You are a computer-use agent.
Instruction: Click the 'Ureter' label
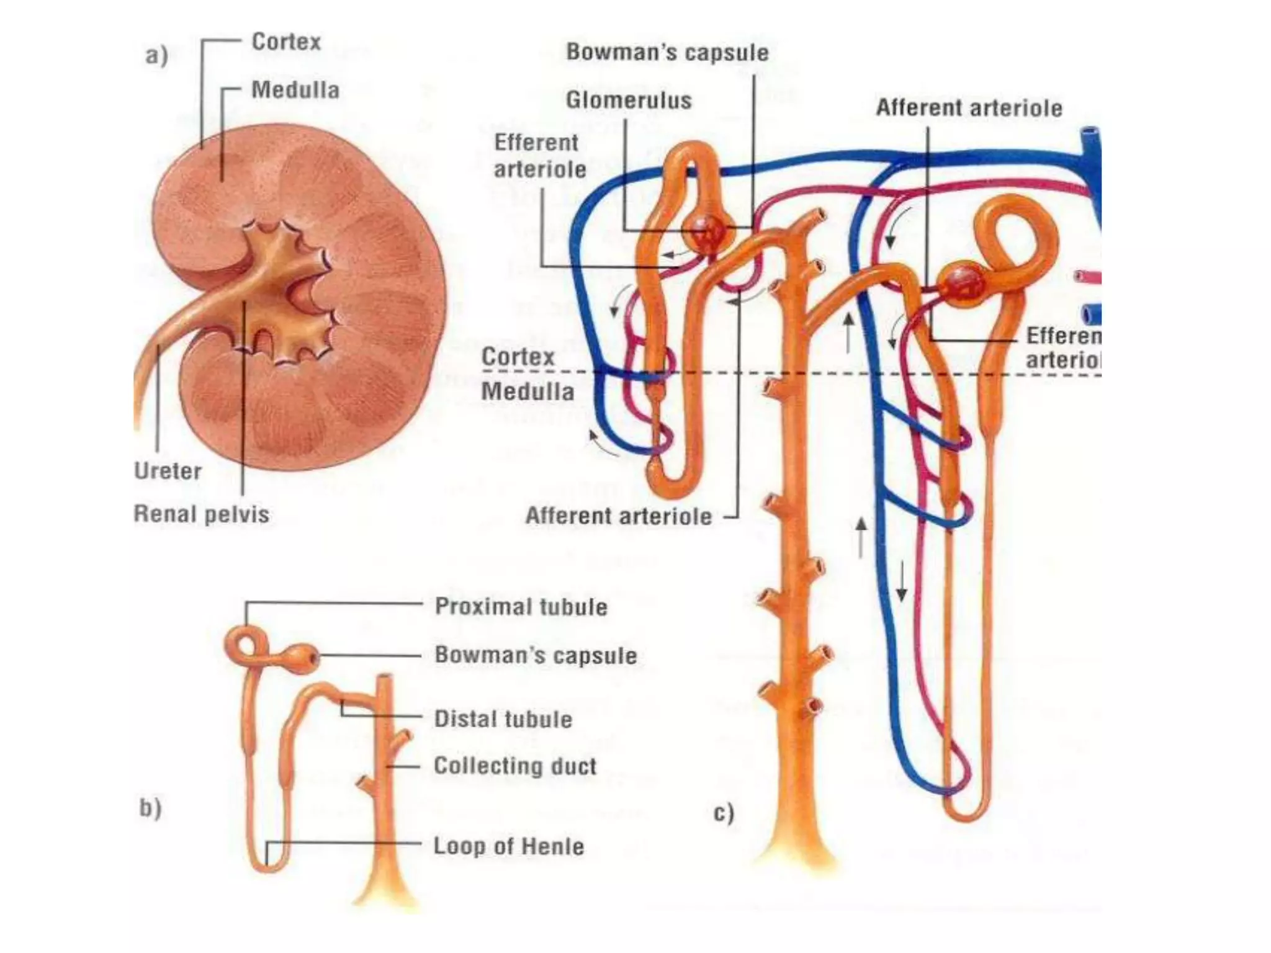(168, 471)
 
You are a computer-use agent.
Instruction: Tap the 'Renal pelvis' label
(202, 514)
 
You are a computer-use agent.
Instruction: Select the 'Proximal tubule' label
(521, 606)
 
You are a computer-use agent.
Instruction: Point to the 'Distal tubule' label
(503, 719)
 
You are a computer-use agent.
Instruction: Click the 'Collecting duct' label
(514, 766)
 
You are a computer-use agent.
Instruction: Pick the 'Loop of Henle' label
(508, 846)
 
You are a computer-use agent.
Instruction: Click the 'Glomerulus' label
(628, 100)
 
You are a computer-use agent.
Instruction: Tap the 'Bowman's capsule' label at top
(667, 52)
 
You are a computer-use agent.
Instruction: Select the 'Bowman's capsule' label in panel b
(536, 655)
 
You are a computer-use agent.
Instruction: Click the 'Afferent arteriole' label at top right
(969, 108)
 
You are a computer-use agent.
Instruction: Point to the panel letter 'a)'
(156, 56)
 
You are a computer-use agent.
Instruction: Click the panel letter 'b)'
(150, 808)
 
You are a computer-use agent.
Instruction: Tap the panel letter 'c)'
(724, 813)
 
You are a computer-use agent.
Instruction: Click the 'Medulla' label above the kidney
(295, 91)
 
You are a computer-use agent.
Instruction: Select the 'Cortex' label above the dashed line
(518, 357)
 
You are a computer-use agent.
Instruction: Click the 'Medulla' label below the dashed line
(528, 391)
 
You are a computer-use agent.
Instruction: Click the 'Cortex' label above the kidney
(286, 42)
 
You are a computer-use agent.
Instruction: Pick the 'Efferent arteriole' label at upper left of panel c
(539, 156)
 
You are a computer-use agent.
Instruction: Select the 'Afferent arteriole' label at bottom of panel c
(618, 516)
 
